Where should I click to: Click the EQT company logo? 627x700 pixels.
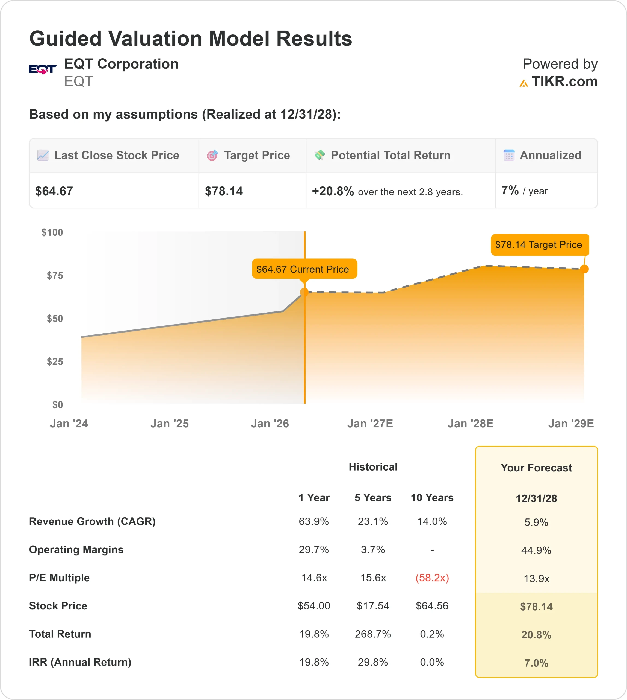tap(43, 69)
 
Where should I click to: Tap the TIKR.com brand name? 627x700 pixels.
tap(564, 82)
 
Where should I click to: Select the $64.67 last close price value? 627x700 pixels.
tap(54, 191)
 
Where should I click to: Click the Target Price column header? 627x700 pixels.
tap(257, 155)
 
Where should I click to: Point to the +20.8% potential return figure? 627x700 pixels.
tap(333, 191)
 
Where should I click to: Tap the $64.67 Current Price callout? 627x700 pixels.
tap(304, 269)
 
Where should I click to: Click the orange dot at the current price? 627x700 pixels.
tap(304, 292)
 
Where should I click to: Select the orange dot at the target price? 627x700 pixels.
tap(584, 269)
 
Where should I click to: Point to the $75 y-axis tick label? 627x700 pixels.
tap(55, 275)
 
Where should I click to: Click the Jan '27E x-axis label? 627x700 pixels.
tap(370, 423)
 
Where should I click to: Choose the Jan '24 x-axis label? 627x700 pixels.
tap(69, 423)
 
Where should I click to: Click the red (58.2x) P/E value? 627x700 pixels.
tap(432, 577)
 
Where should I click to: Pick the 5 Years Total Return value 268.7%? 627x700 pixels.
tap(373, 634)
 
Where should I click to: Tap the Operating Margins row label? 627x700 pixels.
tap(76, 549)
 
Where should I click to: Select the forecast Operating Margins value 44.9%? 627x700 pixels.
tap(536, 550)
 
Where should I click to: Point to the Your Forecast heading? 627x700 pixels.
tap(536, 468)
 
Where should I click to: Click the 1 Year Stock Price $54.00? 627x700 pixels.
tap(314, 606)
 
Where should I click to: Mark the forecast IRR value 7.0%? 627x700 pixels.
tap(536, 663)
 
